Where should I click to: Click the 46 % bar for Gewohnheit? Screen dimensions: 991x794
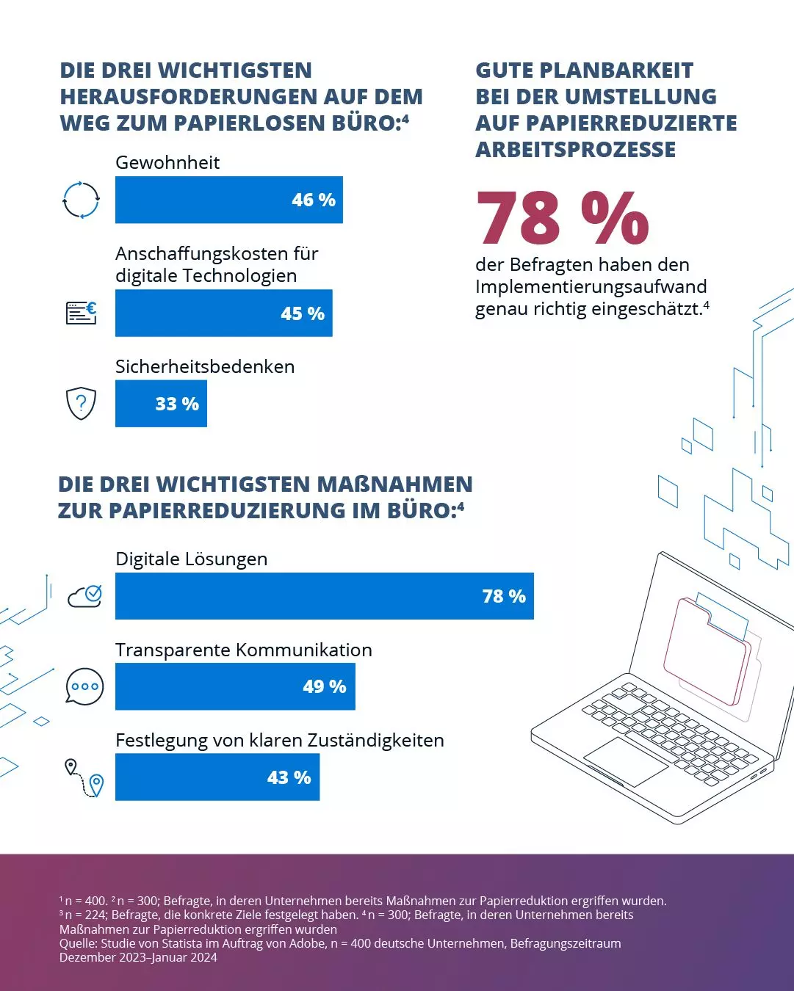(x=228, y=200)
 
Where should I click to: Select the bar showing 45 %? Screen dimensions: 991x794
(x=223, y=313)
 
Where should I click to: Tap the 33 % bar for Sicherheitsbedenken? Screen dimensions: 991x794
(x=161, y=404)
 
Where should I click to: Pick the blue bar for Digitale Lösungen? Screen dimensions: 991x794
(x=324, y=596)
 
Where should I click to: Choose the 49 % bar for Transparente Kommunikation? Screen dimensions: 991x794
(x=235, y=686)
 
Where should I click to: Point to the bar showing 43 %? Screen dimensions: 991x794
(x=217, y=777)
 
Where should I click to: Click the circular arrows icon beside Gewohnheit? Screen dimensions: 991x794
(x=81, y=200)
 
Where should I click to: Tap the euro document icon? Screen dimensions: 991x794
(x=82, y=313)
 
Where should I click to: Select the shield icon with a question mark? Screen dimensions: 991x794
(x=81, y=403)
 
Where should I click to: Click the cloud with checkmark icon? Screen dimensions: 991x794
(x=85, y=596)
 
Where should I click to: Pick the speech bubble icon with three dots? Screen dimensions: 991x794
(x=84, y=686)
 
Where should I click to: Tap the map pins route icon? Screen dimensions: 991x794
(x=84, y=778)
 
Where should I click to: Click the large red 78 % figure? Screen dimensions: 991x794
(x=563, y=218)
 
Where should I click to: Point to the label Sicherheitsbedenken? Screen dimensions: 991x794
(x=205, y=366)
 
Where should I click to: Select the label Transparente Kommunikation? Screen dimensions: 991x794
(x=243, y=650)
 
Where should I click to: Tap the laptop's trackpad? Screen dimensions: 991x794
(x=626, y=761)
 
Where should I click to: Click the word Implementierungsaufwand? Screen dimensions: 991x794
(x=591, y=286)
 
